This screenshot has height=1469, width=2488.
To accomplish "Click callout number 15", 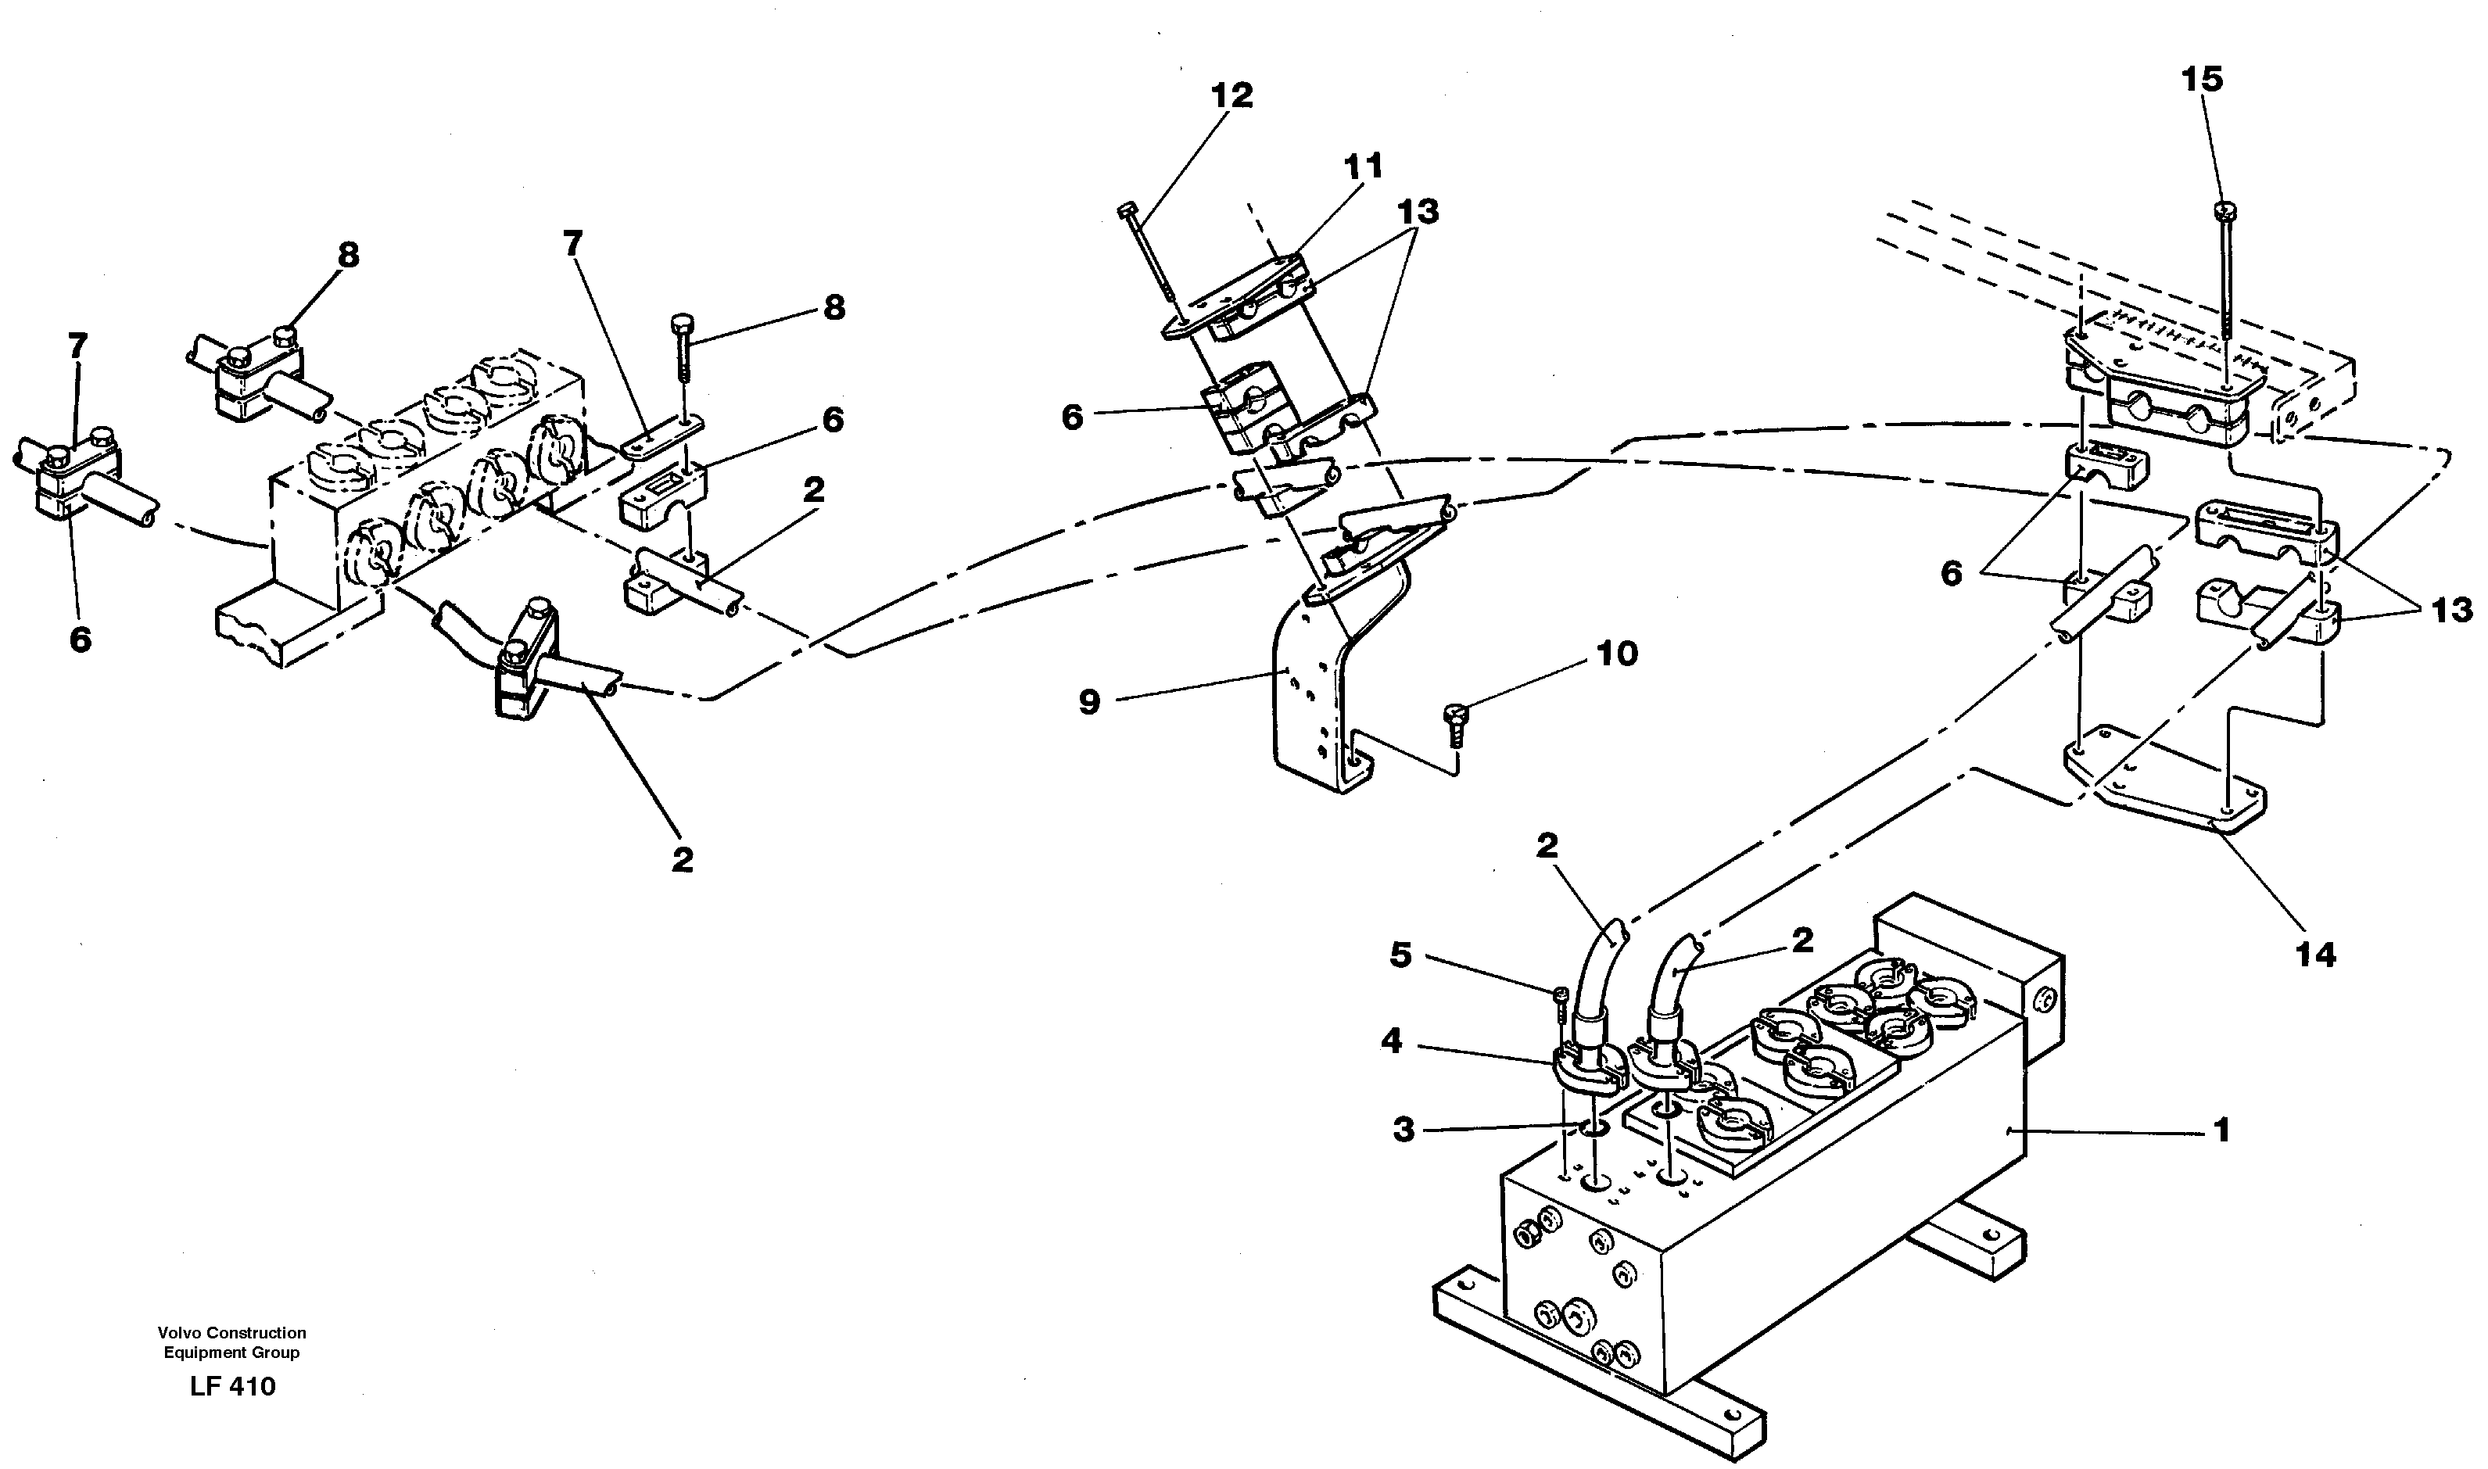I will pyautogui.click(x=2202, y=79).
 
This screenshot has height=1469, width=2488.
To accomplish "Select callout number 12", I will pyautogui.click(x=1231, y=96).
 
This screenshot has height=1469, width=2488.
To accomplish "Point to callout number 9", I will pyautogui.click(x=1089, y=703).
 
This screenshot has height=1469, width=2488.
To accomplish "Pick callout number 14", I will pyautogui.click(x=2317, y=955).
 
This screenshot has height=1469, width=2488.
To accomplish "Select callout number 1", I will pyautogui.click(x=2221, y=1130).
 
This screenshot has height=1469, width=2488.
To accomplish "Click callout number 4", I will pyautogui.click(x=1391, y=1042).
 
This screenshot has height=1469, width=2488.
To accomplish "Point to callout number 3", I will pyautogui.click(x=1404, y=1130).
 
